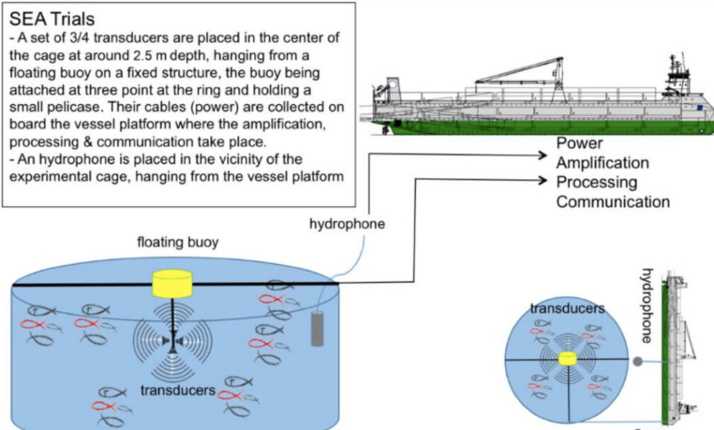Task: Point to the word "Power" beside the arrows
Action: [580, 143]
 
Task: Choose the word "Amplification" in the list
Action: [602, 162]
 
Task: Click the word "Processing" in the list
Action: [596, 182]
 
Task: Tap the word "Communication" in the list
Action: [613, 202]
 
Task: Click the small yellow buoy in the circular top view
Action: [567, 359]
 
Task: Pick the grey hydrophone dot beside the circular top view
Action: [639, 362]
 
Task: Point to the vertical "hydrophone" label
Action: [646, 305]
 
